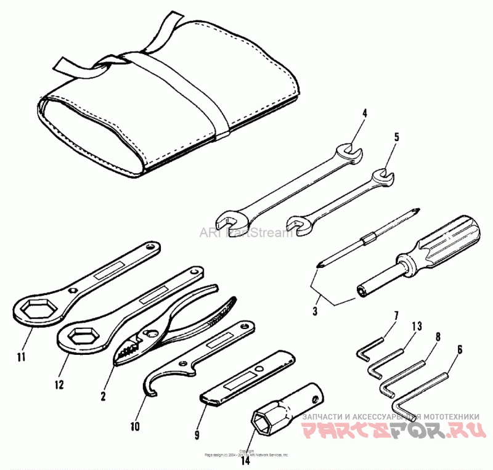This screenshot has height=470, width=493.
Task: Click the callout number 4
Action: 364,113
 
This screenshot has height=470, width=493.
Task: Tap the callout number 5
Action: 396,136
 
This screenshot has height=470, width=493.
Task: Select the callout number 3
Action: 315,312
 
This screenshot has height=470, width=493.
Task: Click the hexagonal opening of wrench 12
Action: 82,336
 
